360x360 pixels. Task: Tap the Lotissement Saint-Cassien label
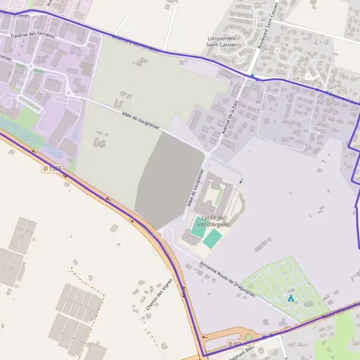[221, 41]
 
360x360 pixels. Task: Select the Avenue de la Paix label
[228, 118]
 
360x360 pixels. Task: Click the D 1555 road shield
[52, 169]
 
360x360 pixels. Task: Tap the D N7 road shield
[235, 344]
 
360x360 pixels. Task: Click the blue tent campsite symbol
[291, 298]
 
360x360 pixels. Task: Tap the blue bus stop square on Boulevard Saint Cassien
[253, 76]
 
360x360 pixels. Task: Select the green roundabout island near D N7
[248, 338]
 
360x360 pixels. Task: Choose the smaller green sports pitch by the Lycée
[198, 229]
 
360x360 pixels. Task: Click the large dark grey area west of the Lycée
[171, 177]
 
